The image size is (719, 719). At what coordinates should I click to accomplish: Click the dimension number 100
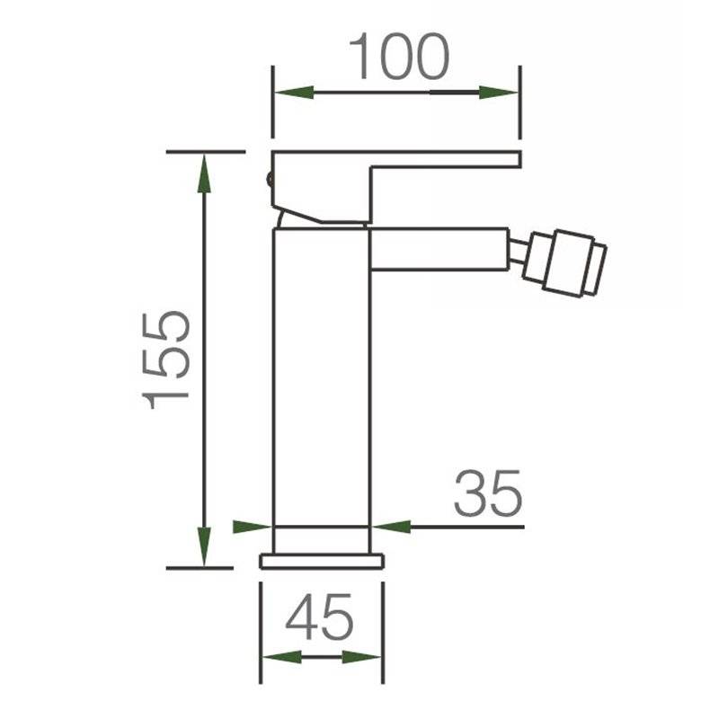tap(399, 56)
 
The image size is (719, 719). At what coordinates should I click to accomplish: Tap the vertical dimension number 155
tap(166, 360)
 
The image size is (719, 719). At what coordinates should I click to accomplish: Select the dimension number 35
tap(488, 493)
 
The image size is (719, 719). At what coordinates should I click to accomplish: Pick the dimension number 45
tap(319, 617)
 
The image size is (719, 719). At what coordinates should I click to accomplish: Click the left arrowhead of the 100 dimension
tap(295, 93)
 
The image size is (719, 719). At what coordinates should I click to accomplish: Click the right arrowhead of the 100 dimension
tap(499, 93)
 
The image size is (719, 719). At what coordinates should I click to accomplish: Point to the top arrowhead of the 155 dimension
tap(204, 173)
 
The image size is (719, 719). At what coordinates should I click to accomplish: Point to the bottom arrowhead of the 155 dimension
tap(204, 546)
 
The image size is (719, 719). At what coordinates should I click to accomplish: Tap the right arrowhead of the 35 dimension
tap(391, 527)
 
